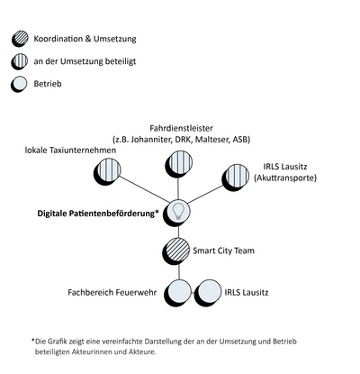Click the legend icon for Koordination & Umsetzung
click(x=19, y=41)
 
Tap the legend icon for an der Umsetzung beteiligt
click(x=19, y=62)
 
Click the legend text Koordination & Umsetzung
click(x=84, y=41)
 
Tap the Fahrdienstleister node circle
click(x=178, y=164)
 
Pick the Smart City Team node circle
click(x=178, y=250)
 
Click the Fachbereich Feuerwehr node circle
click(x=180, y=292)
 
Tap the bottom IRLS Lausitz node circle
click(x=209, y=292)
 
